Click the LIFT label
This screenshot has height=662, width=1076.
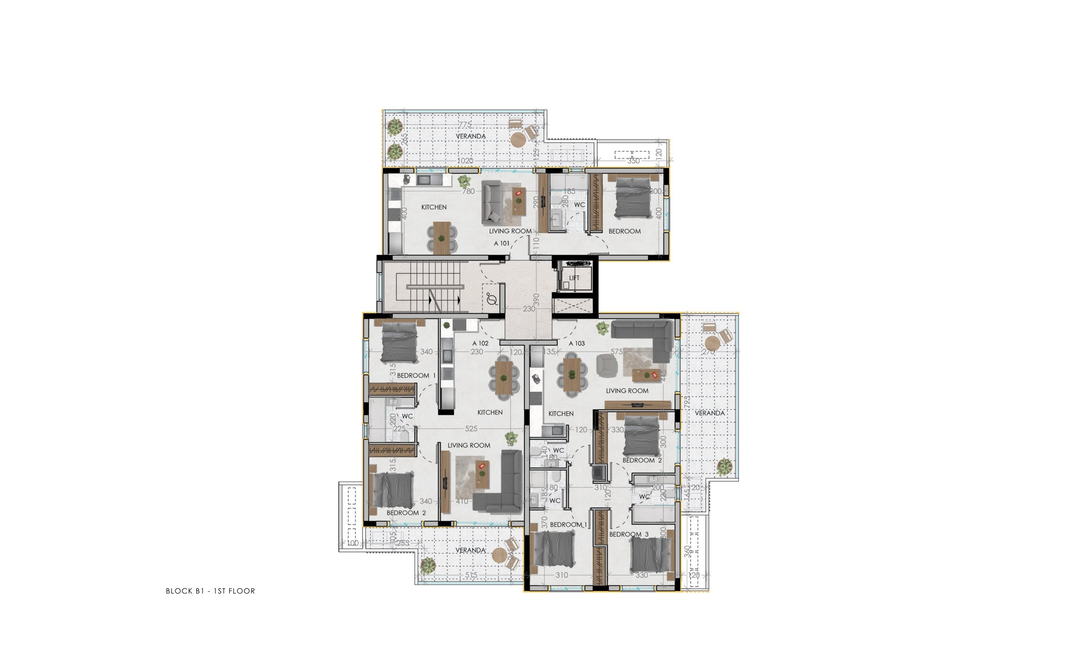point(574,278)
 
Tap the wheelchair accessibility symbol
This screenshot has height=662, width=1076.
point(492,300)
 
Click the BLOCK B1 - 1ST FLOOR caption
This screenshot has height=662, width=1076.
point(210,591)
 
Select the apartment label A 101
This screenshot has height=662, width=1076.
point(502,243)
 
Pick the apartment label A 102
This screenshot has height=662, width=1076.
point(480,344)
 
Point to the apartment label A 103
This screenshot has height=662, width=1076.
point(577,344)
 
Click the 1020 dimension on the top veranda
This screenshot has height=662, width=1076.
point(465,161)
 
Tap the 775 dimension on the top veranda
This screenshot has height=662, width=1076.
point(465,125)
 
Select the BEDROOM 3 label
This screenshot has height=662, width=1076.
point(629,534)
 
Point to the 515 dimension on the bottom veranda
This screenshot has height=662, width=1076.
point(471,575)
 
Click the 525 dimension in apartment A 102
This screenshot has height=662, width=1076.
point(471,429)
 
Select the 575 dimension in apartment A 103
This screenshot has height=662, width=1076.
point(617,351)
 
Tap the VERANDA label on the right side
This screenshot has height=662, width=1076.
point(710,413)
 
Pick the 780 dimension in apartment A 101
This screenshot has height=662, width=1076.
point(468,191)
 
